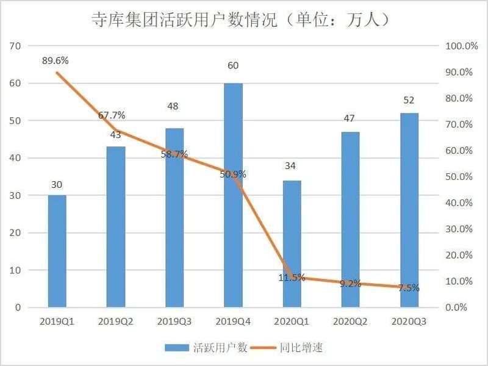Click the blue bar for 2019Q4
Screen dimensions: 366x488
(233, 195)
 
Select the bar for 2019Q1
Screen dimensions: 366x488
(57, 251)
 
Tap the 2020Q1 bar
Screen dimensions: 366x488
(292, 244)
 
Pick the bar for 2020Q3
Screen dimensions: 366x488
(409, 210)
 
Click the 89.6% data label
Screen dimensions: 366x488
(55, 60)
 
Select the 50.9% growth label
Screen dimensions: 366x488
(232, 174)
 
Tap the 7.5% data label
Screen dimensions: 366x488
(409, 288)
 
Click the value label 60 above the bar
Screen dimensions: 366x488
(233, 66)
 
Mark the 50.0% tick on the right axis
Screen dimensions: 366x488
(459, 177)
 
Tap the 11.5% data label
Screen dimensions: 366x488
(292, 278)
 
